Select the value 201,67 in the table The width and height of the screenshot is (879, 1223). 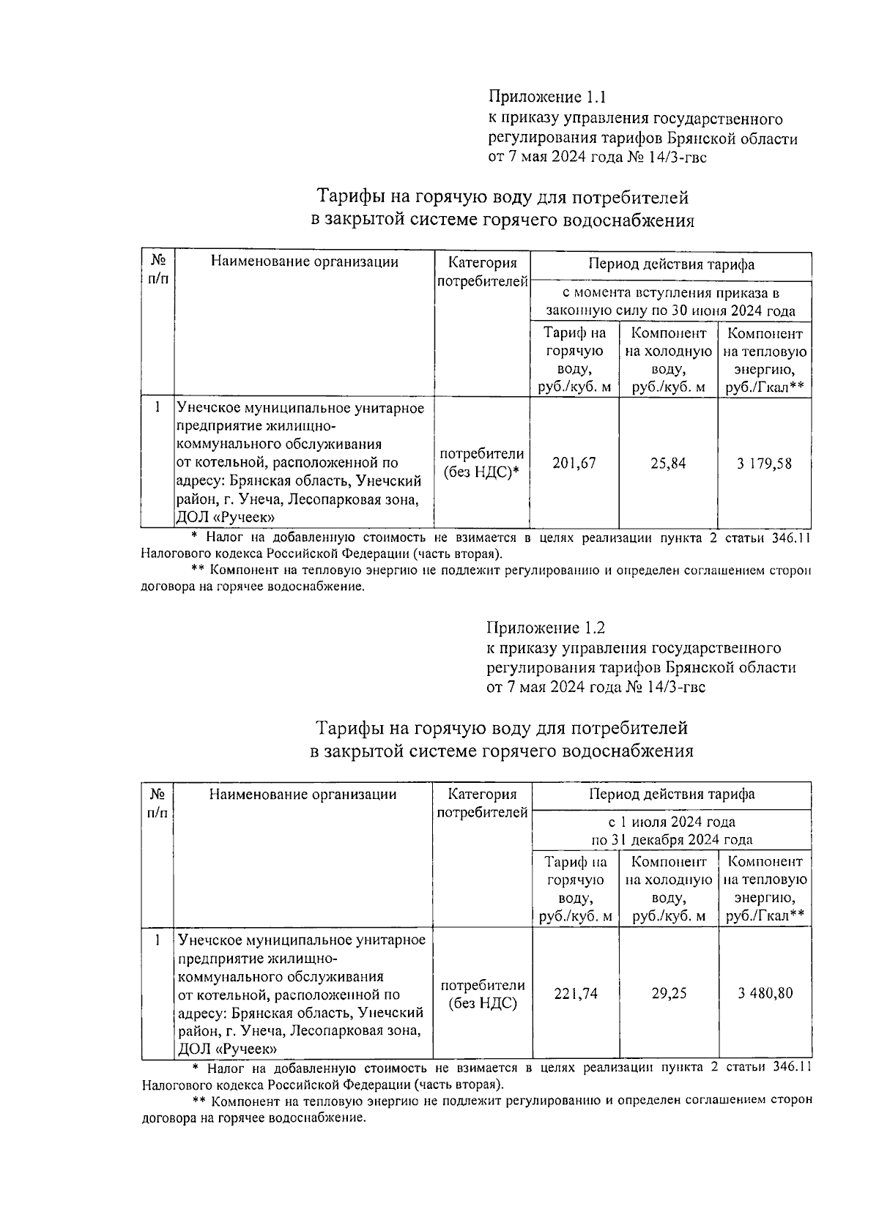pyautogui.click(x=574, y=463)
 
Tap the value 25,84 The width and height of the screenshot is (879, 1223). pyautogui.click(x=668, y=463)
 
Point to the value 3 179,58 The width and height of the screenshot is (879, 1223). pyautogui.click(x=764, y=463)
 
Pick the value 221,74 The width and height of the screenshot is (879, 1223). pyautogui.click(x=575, y=993)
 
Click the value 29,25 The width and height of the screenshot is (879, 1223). pyautogui.click(x=669, y=993)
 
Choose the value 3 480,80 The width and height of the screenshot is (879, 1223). pyautogui.click(x=765, y=993)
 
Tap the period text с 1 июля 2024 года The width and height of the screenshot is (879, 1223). pyautogui.click(x=672, y=822)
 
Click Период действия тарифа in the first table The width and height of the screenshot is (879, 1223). pyautogui.click(x=671, y=264)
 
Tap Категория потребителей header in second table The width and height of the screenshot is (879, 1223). pyautogui.click(x=482, y=803)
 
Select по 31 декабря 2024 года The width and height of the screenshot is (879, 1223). pyautogui.click(x=672, y=840)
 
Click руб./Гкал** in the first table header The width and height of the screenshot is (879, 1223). pyautogui.click(x=765, y=387)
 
